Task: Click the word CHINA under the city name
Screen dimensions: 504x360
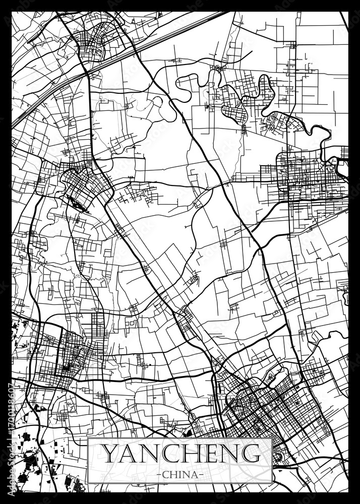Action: pos(180,475)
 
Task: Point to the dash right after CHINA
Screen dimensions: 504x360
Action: pos(201,475)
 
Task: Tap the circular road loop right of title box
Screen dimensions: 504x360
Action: pos(279,456)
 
